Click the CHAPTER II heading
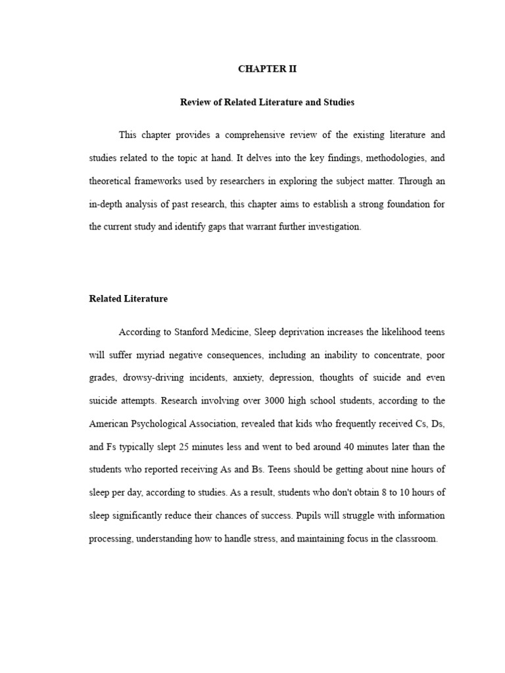pos(267,69)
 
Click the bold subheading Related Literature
pos(128,298)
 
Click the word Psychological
pos(164,424)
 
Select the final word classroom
pos(415,539)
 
